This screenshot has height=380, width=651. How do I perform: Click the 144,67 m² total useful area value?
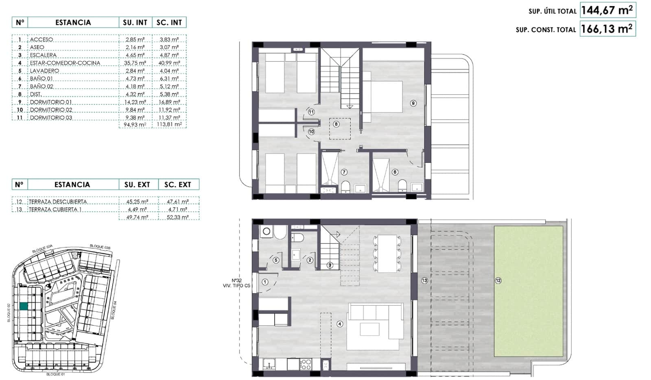click(x=607, y=10)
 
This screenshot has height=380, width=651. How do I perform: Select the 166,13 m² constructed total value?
click(x=607, y=29)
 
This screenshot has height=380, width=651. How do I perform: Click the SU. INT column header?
click(x=135, y=22)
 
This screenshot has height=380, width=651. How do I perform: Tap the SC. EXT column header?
click(x=178, y=185)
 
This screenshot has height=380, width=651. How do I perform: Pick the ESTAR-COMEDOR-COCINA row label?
click(x=65, y=63)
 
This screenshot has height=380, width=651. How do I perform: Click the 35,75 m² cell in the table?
click(x=135, y=63)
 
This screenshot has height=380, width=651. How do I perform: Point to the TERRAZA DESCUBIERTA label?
click(x=58, y=202)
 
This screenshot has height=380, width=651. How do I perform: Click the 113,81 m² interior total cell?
click(x=169, y=125)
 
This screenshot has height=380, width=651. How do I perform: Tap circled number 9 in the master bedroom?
click(x=413, y=103)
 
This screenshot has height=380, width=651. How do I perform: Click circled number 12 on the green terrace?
click(x=498, y=280)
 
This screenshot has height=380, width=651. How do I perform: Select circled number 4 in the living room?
click(x=340, y=324)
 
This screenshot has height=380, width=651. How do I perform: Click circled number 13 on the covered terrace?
click(x=424, y=280)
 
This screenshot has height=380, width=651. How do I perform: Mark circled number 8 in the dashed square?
click(x=336, y=124)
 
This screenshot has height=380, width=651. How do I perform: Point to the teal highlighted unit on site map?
click(x=24, y=307)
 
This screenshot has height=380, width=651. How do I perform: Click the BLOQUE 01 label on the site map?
click(x=55, y=374)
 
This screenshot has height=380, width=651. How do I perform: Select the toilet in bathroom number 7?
click(x=345, y=187)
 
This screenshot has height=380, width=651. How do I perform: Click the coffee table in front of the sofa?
click(x=369, y=329)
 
